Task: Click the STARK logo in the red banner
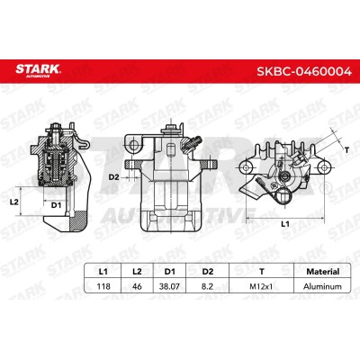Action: click(x=38, y=71)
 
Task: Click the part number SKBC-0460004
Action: click(x=303, y=71)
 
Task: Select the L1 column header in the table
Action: click(x=103, y=272)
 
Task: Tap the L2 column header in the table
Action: click(x=137, y=272)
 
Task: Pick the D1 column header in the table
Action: click(x=170, y=272)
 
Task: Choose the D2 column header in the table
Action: click(x=208, y=272)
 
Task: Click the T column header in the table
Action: click(x=262, y=272)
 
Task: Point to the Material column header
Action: click(x=322, y=272)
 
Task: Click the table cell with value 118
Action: click(x=103, y=286)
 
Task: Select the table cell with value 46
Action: click(x=137, y=286)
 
